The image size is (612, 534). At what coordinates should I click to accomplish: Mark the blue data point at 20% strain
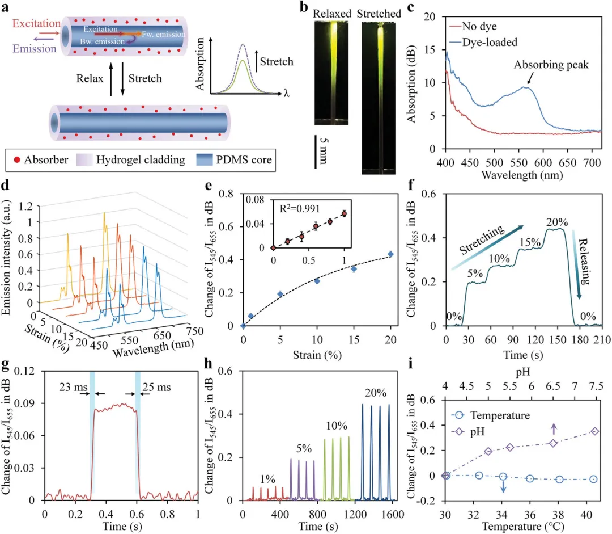pyautogui.click(x=390, y=254)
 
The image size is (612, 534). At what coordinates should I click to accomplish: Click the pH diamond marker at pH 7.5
pyautogui.click(x=594, y=431)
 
